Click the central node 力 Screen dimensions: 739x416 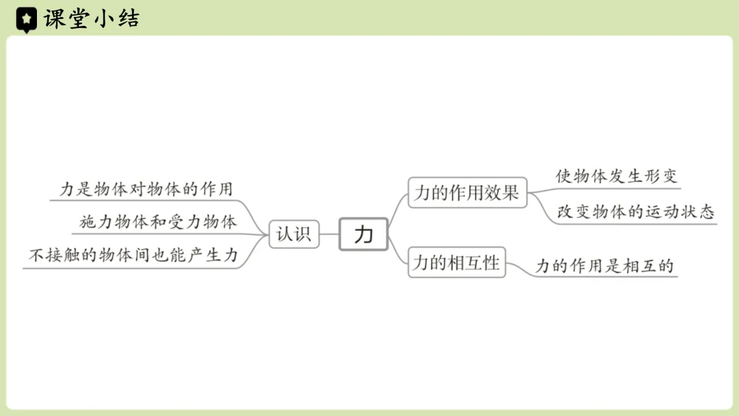click(x=363, y=235)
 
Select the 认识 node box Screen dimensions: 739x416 click(x=294, y=234)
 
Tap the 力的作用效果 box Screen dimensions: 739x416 click(x=467, y=193)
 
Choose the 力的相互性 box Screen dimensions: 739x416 click(x=456, y=263)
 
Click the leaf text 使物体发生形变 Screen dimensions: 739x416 click(x=616, y=177)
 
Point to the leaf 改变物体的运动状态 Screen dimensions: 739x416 click(x=636, y=212)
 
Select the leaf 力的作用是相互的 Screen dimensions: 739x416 click(x=605, y=266)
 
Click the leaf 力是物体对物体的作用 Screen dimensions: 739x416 click(x=146, y=190)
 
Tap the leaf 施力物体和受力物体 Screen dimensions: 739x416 click(x=158, y=222)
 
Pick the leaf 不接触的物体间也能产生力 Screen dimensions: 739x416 click(x=133, y=256)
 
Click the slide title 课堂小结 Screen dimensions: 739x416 click(x=91, y=18)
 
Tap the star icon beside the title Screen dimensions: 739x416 click(x=26, y=19)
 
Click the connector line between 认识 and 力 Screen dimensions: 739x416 click(x=329, y=234)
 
